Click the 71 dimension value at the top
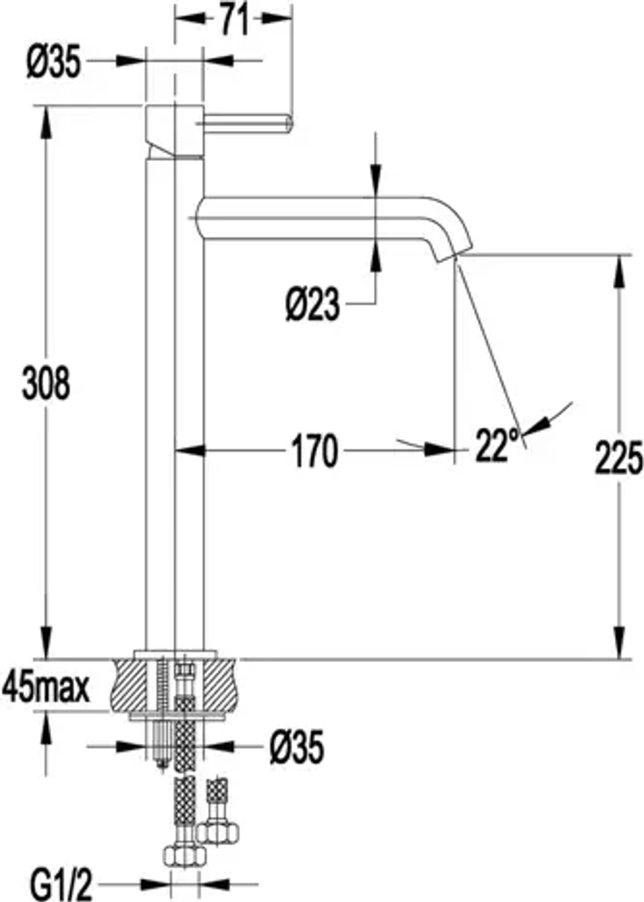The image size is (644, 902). point(234,19)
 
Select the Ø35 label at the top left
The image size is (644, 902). point(54,62)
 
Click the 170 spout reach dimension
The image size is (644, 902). point(314,451)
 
